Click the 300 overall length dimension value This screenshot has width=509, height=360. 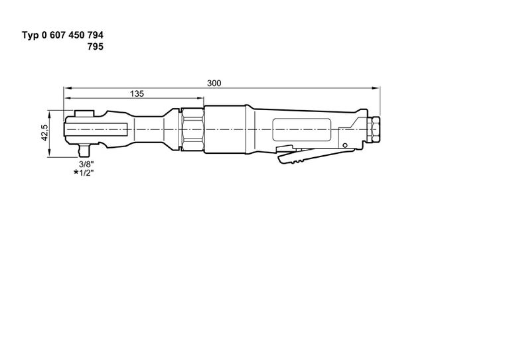214,83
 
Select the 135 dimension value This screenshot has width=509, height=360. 137,94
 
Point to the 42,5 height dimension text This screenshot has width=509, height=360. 44,133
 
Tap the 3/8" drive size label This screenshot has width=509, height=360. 84,163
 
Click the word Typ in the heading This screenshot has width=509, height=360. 31,34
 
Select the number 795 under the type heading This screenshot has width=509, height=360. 95,46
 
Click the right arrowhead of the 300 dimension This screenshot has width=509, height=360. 380,88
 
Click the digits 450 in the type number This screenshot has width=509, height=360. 72,34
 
